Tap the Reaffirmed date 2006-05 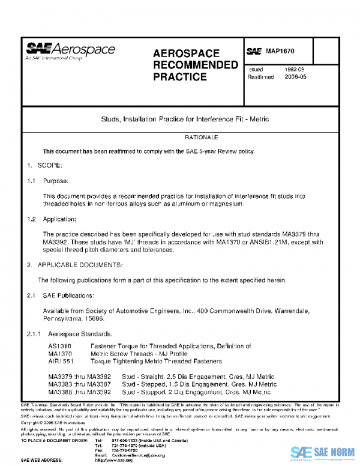296,77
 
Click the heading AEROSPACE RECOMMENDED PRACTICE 187,65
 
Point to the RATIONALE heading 180,138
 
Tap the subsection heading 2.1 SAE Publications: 60,295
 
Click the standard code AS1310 59,346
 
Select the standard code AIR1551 61,361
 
